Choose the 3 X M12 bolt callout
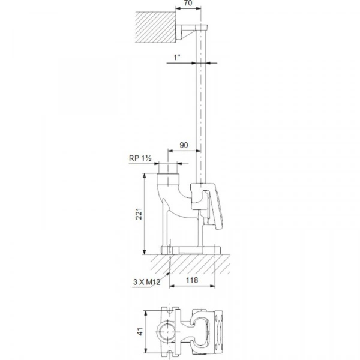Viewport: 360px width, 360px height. (x=145, y=280)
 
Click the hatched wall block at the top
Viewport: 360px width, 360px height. (x=155, y=27)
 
